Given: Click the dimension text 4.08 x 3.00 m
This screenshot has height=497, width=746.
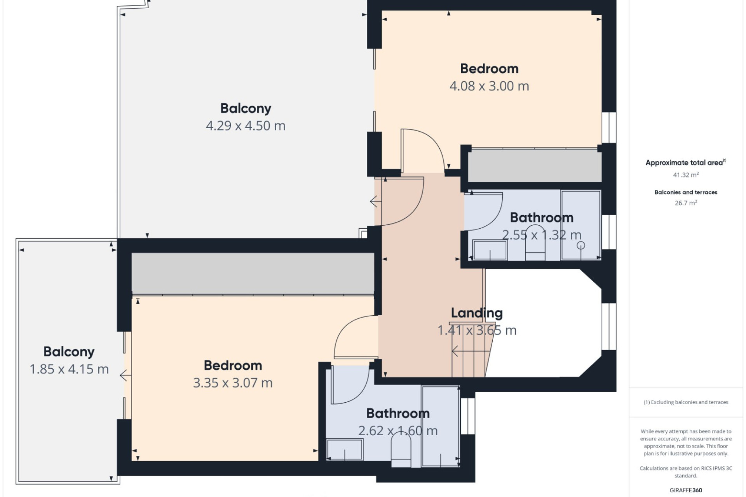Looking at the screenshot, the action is tap(489, 86).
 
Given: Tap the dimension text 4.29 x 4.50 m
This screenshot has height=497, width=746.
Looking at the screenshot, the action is tap(246, 126).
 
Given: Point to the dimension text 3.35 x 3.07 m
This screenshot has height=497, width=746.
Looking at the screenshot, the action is tap(233, 383).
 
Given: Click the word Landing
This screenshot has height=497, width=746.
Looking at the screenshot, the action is tap(477, 313).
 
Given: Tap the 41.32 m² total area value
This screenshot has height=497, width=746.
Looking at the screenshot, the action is tap(686, 175).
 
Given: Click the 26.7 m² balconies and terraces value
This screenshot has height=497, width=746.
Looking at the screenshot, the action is tap(686, 203).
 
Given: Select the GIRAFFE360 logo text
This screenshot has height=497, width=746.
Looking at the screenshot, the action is tap(686, 490).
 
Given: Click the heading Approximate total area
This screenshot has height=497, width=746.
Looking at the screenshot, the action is tap(686, 163).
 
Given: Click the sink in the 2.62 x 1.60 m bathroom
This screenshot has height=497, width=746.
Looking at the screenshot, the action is tap(345, 449).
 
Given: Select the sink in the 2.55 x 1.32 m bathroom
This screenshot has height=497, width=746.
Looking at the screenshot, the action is tap(490, 250).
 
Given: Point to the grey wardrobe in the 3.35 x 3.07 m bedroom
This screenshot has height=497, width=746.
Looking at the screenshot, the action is tap(253, 273).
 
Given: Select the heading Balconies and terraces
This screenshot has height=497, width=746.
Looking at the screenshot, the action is tap(686, 192).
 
